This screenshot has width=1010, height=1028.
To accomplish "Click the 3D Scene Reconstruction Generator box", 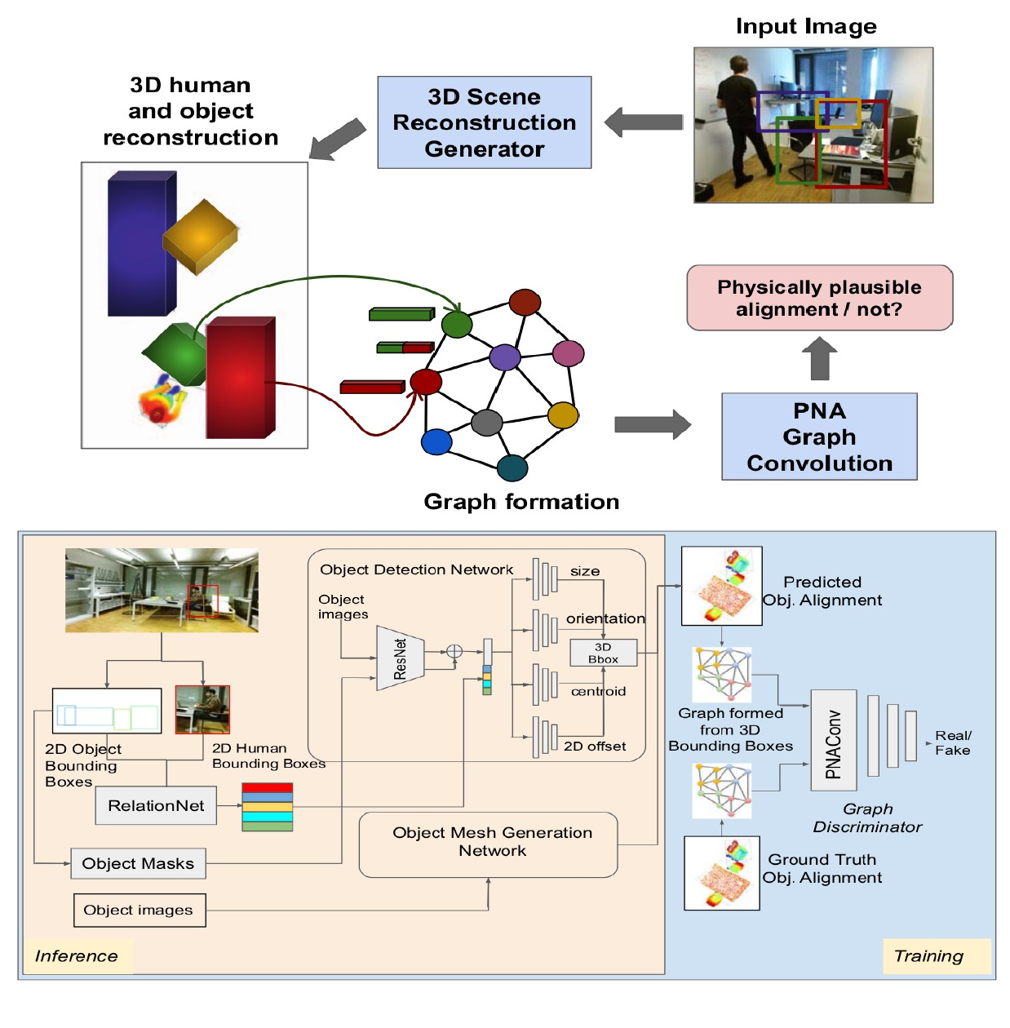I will [484, 122].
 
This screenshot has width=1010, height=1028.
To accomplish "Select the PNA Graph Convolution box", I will [819, 436].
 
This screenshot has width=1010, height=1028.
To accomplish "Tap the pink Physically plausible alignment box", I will [819, 298].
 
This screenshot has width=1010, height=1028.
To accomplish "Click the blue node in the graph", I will [436, 441].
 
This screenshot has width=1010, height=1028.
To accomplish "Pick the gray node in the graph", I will [487, 423].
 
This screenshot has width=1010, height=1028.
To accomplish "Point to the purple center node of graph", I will [505, 357].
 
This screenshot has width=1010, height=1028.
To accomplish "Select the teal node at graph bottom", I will [512, 467].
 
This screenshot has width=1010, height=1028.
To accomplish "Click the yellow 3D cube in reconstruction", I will [200, 236].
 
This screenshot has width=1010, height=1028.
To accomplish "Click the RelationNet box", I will [156, 805].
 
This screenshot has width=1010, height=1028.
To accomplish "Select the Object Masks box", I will [138, 863].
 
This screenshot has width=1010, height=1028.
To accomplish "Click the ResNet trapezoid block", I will [400, 658].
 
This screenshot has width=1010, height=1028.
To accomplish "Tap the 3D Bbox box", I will [603, 653].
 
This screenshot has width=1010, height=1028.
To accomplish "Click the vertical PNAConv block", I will [833, 740].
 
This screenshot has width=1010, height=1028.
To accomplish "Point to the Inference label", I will [77, 955].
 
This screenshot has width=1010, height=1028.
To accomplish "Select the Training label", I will [928, 955].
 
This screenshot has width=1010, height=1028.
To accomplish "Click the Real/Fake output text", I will [952, 742].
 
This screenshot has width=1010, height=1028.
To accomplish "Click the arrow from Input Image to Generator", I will [644, 122].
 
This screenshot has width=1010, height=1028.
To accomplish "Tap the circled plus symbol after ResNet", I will [454, 651].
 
